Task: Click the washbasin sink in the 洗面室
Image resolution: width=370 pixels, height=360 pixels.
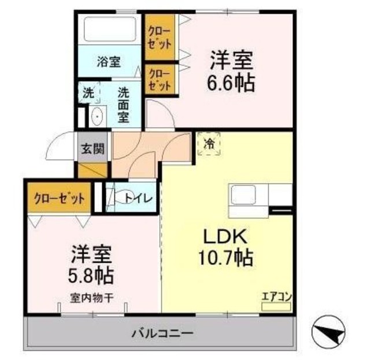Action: coord(97,116)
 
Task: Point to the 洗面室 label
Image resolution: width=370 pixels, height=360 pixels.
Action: coord(123,104)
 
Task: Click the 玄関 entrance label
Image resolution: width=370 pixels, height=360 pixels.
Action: coord(92,149)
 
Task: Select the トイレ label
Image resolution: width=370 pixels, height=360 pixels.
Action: coord(139,198)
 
